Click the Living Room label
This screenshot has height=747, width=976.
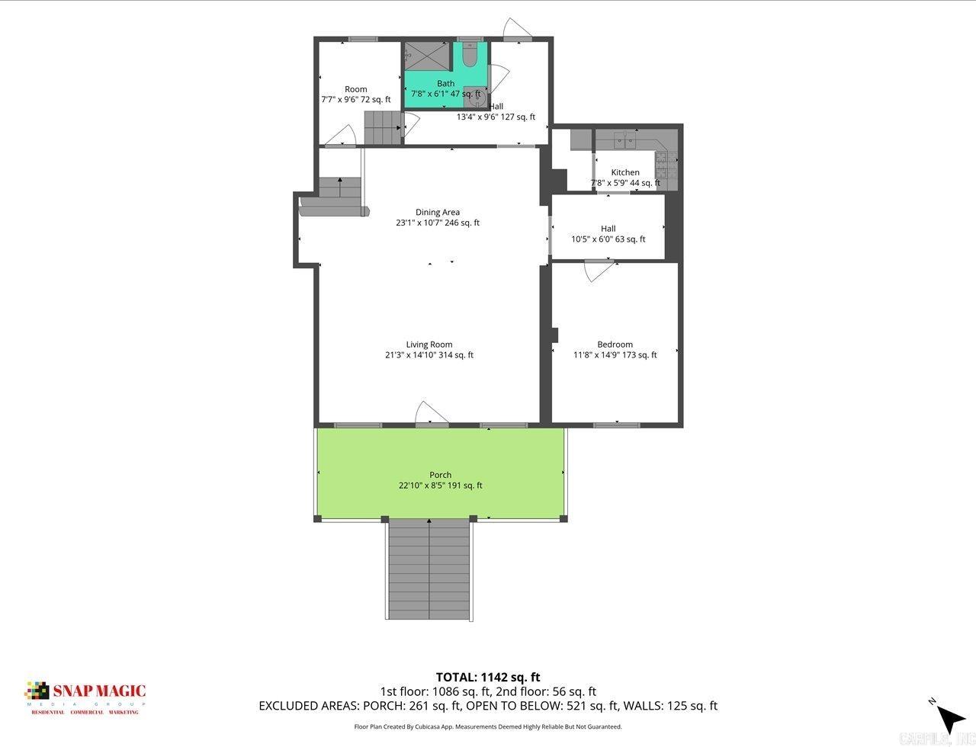coord(429,345)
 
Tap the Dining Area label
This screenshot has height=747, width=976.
coord(438,213)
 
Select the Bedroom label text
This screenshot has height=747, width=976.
coord(615,345)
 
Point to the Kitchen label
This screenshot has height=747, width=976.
coord(625,173)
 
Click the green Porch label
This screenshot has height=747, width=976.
coord(440,475)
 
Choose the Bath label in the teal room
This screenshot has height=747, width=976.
coord(445,84)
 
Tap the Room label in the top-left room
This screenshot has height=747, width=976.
coord(356,89)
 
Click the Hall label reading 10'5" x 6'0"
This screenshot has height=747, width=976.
coord(608,229)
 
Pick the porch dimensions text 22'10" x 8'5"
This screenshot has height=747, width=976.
coord(440,486)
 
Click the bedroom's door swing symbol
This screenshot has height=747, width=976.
coord(599,271)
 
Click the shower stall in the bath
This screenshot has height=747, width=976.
coord(427,56)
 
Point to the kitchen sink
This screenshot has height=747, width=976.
coord(625,139)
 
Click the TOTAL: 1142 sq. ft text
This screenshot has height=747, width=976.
coord(488,677)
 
